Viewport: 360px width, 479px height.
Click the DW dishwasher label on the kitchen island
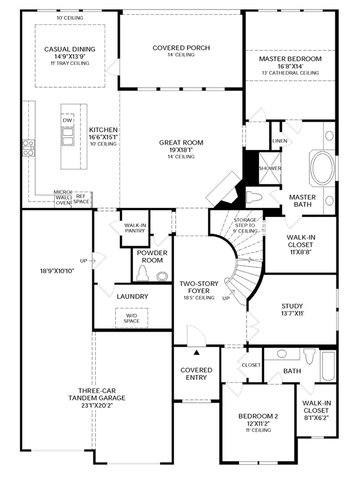[x=68, y=120]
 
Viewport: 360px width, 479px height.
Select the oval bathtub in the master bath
[x=322, y=168]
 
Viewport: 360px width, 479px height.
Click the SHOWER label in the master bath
[x=270, y=168]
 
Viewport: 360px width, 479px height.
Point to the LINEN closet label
[x=280, y=141]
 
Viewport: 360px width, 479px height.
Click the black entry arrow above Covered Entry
[x=197, y=353]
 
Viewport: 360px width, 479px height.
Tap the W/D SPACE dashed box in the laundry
[x=132, y=318]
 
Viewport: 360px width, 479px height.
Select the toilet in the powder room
[x=142, y=273]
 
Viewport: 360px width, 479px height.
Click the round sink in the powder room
[x=163, y=276]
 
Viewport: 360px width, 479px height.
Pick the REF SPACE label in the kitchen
[x=81, y=199]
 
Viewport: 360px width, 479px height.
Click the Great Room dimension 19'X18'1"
[x=181, y=150]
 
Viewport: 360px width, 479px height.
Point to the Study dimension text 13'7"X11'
[x=292, y=313]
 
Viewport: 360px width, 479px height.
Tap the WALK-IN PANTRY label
[x=135, y=228]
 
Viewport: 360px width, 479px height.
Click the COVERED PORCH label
[x=181, y=48]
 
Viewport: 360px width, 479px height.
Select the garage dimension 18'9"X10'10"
[x=57, y=271]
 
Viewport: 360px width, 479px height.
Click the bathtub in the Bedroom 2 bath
[x=328, y=366]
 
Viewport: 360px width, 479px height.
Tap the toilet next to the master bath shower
[x=254, y=196]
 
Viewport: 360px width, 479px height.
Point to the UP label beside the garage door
[x=83, y=261]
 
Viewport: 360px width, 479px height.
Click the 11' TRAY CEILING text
[x=70, y=63]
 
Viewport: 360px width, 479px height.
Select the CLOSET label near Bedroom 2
[x=251, y=365]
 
